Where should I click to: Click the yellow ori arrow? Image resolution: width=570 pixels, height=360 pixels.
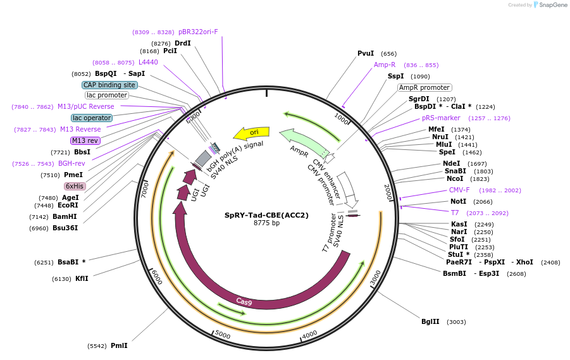(251, 133)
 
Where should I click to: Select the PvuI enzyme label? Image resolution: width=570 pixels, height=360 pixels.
(366, 54)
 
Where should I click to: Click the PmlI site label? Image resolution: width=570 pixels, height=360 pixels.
(119, 345)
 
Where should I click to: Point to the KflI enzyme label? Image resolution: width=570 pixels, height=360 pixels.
(82, 278)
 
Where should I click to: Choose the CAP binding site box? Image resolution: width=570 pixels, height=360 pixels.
(109, 85)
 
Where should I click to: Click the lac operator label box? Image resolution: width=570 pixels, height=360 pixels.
(92, 118)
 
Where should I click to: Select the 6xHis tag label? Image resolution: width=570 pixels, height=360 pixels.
(75, 186)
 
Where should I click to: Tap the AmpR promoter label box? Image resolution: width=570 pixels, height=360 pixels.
(424, 87)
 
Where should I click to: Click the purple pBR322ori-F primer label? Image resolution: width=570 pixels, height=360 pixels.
(198, 32)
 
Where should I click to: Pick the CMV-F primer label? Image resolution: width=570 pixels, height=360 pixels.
(459, 190)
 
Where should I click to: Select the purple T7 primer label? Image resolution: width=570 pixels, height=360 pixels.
(455, 213)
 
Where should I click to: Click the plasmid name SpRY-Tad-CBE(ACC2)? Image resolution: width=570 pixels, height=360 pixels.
(266, 215)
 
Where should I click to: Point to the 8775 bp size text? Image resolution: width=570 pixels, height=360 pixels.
(266, 223)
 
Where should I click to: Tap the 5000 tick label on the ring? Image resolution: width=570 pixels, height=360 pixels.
(223, 333)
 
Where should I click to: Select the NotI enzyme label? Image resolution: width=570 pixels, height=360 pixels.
(458, 201)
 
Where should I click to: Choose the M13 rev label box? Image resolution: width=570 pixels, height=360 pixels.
(85, 140)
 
